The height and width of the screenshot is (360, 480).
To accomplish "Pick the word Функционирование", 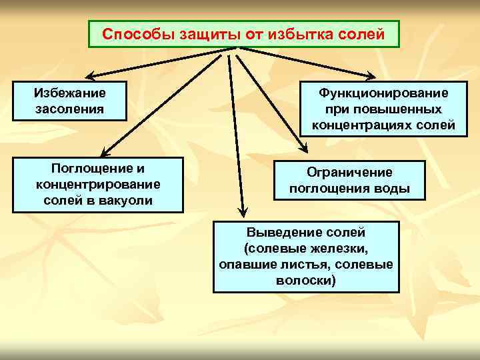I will point(383,93).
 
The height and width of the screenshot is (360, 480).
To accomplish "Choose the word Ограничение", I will point(349,172).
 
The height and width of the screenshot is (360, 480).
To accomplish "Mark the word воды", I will point(394,188).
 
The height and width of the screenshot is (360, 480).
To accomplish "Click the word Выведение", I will point(280,233).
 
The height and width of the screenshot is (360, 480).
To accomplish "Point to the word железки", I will point(337,249).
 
